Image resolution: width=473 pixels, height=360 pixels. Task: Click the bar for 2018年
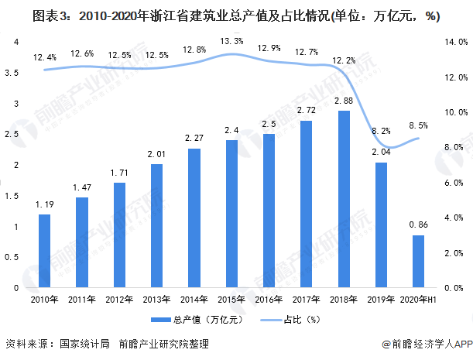pos(344,199)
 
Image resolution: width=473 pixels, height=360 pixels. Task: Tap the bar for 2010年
pos(45,251)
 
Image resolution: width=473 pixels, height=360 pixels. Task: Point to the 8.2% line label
pos(381,132)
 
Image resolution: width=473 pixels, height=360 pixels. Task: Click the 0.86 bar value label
pos(418,225)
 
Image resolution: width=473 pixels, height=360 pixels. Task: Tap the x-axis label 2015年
pos(231,299)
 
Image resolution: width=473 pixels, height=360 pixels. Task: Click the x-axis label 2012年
pos(119,299)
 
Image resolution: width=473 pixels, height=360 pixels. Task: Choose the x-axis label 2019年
pos(381,299)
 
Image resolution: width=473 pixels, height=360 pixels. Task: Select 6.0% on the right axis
pos(454,183)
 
